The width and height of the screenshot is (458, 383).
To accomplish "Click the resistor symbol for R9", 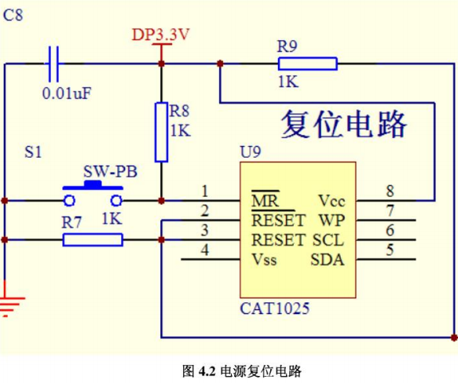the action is pos(308,64).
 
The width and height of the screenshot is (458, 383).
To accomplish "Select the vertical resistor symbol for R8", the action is pos(161,132).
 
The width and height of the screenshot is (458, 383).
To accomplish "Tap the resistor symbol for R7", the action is pos(93,240).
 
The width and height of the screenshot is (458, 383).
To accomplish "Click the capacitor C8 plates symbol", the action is pos(53,64).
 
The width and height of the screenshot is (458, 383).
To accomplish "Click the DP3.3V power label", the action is pos(160,35).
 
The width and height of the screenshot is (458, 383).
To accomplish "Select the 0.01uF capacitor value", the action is pos(67,93).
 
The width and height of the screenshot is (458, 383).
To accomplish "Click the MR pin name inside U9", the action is pos(266,201).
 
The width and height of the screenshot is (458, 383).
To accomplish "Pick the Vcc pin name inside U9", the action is pos(332,201).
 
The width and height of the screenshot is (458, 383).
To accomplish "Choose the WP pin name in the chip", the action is pos(332,221).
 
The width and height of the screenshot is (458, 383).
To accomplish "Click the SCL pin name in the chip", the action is pos(328,240).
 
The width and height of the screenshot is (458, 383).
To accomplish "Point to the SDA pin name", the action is pos(328,260).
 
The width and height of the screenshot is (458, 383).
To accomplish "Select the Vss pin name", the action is pos(264,260).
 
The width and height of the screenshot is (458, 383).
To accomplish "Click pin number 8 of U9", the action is pos(390,191).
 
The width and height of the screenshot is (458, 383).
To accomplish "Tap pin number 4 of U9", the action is pos(205,250).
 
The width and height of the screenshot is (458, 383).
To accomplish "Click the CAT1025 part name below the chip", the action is pos(275,308).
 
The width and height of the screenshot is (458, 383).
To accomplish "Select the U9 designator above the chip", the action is pos(251,151).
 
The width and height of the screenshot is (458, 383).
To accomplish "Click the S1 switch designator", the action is pos(33,152).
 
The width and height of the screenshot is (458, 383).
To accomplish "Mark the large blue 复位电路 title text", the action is pos(344,124).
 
